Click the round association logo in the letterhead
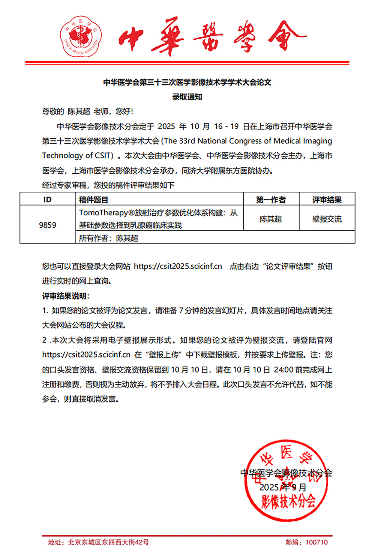click(81, 36)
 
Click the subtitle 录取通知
click(187, 97)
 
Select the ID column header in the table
click(47, 200)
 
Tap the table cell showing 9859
click(48, 225)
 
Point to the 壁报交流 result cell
click(327, 219)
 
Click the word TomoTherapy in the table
click(103, 213)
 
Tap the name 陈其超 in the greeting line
click(79, 111)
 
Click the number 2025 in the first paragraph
click(166, 126)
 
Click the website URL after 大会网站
click(178, 266)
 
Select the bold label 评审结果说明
click(66, 296)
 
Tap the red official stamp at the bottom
click(285, 481)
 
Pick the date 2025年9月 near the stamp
click(283, 487)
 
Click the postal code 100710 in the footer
click(316, 542)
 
